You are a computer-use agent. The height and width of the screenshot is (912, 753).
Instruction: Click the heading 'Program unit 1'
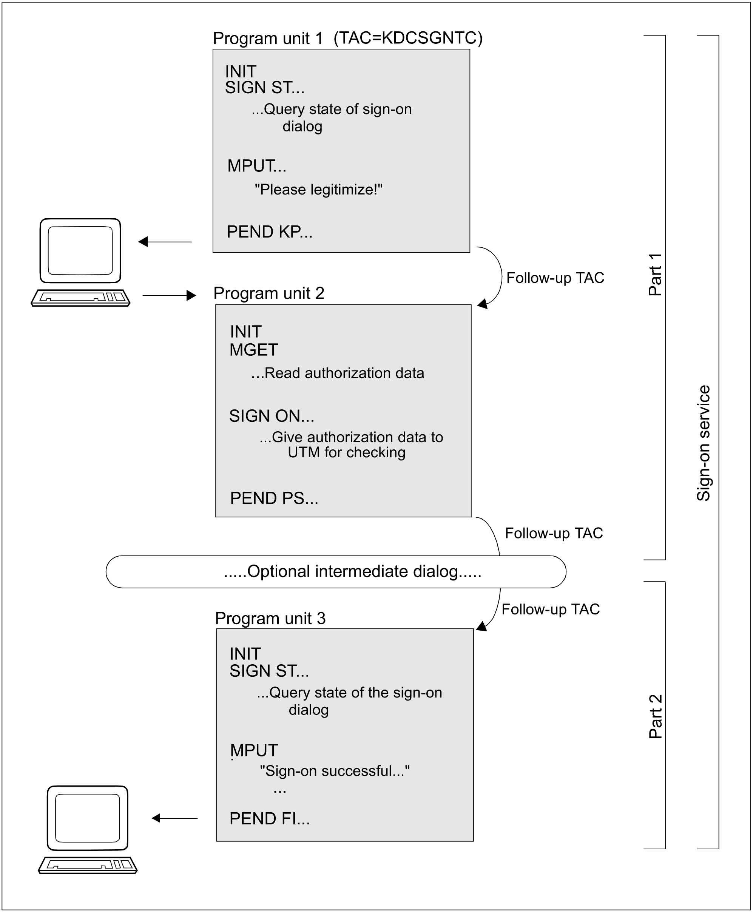click(268, 39)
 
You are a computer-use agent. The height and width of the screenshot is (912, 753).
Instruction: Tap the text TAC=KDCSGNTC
click(408, 38)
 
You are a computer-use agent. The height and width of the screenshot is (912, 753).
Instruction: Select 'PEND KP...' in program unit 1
click(269, 232)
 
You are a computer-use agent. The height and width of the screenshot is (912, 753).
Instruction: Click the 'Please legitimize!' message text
click(318, 190)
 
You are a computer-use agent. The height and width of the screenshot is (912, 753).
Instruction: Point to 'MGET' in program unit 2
click(253, 350)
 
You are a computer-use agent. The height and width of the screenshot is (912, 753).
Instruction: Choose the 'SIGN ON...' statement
click(272, 416)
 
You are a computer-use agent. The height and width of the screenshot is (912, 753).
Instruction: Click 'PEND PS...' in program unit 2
click(274, 498)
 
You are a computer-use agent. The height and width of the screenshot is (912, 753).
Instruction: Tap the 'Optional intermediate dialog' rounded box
click(336, 572)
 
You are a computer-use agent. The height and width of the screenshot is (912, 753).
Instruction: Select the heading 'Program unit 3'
click(270, 619)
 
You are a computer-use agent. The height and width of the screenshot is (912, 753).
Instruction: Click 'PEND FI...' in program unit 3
click(269, 819)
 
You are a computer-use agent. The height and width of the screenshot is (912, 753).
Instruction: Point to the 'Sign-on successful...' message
click(335, 771)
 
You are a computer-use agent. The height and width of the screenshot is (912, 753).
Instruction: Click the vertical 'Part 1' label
click(655, 275)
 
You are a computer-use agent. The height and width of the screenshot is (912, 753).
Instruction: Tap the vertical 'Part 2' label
click(655, 716)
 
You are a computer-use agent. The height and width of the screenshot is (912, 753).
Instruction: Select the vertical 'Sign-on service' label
click(703, 443)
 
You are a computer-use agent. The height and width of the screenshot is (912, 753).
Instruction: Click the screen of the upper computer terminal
click(80, 250)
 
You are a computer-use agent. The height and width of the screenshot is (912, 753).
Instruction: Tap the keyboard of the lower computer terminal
click(88, 865)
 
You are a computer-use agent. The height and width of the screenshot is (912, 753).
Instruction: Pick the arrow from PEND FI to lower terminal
click(174, 818)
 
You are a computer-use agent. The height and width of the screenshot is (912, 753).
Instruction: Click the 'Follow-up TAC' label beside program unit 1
click(555, 278)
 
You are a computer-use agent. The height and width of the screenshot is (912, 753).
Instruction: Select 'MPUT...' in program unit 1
click(257, 166)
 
